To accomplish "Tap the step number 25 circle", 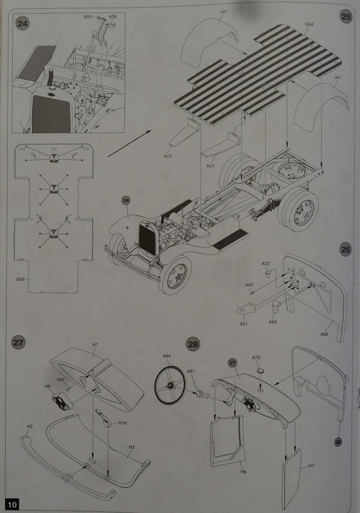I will coord(346,16).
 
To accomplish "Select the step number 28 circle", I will coord(193,344).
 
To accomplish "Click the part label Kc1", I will coord(210,166).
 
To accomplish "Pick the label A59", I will coord(88,16).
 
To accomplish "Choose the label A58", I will coord(113,16).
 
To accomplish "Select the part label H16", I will coord(123,423).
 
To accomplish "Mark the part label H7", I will coord(311,466).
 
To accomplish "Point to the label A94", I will coord(273,322).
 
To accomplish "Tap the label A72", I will coord(256,357).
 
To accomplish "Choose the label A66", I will coord(324,334).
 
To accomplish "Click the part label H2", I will coord(30,426).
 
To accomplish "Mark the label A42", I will coord(61,379).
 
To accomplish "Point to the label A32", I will coord(266,263).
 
